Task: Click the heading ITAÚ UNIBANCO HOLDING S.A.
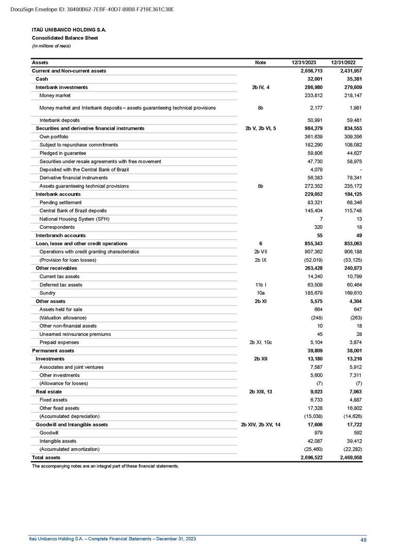69,30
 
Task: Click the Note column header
261,62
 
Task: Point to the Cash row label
42,79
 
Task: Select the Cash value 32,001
314,79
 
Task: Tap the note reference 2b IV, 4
261,87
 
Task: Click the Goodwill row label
49,433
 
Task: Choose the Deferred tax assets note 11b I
261,285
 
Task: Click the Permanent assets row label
53,350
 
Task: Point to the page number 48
364,540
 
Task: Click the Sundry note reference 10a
261,293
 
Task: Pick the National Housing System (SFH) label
74,219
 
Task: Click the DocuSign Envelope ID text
92,9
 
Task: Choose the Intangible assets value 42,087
314,441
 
